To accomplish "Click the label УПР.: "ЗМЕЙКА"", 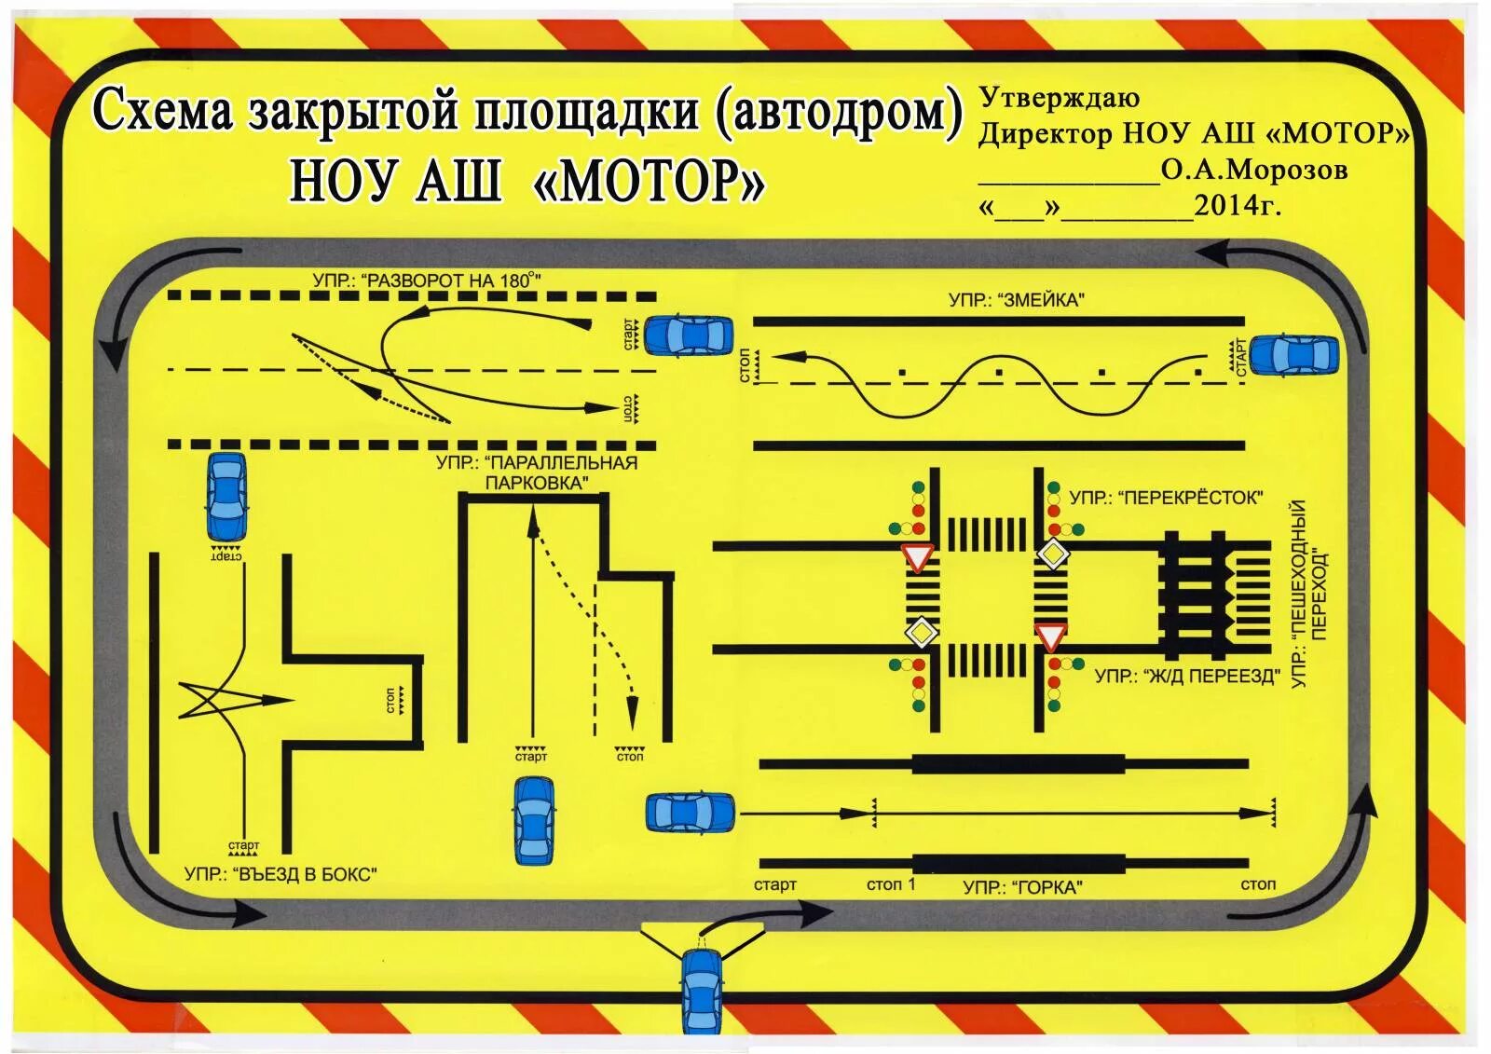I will (x=1017, y=300).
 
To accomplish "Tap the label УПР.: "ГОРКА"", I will (x=1022, y=887).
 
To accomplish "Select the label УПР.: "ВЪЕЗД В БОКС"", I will (x=280, y=874).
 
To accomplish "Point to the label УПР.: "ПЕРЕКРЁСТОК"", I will (x=1166, y=498).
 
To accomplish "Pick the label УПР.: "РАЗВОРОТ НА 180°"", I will (x=427, y=280).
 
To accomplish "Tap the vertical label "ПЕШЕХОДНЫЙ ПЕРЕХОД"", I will (x=1308, y=594).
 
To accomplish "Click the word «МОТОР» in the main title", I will (x=649, y=181).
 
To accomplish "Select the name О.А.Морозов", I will (x=1254, y=170).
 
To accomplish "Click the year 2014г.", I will (x=1238, y=205).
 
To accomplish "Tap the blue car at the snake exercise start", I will (x=1293, y=355).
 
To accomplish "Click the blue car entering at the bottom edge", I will (x=702, y=991).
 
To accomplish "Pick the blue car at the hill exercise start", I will (x=691, y=813).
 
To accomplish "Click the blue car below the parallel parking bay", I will (x=534, y=820).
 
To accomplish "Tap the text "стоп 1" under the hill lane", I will (x=891, y=884).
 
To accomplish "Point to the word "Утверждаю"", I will (x=1059, y=98).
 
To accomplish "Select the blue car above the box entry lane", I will (x=226, y=496).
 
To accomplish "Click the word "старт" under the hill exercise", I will (x=775, y=884).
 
